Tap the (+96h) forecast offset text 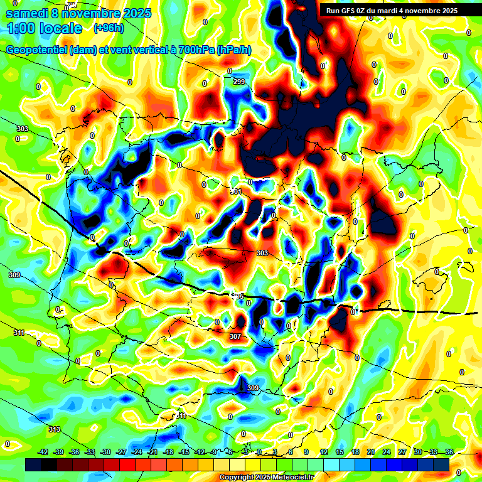coord(108,28)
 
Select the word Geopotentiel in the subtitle coord(35,50)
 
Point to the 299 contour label coord(238,82)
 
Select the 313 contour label coord(55,429)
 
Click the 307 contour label coord(235,337)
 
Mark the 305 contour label coord(238,296)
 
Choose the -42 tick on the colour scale coord(43,452)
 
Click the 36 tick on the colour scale coord(449,452)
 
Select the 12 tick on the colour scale coord(323,452)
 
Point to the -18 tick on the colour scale coord(168,452)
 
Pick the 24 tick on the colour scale coord(386,452)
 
